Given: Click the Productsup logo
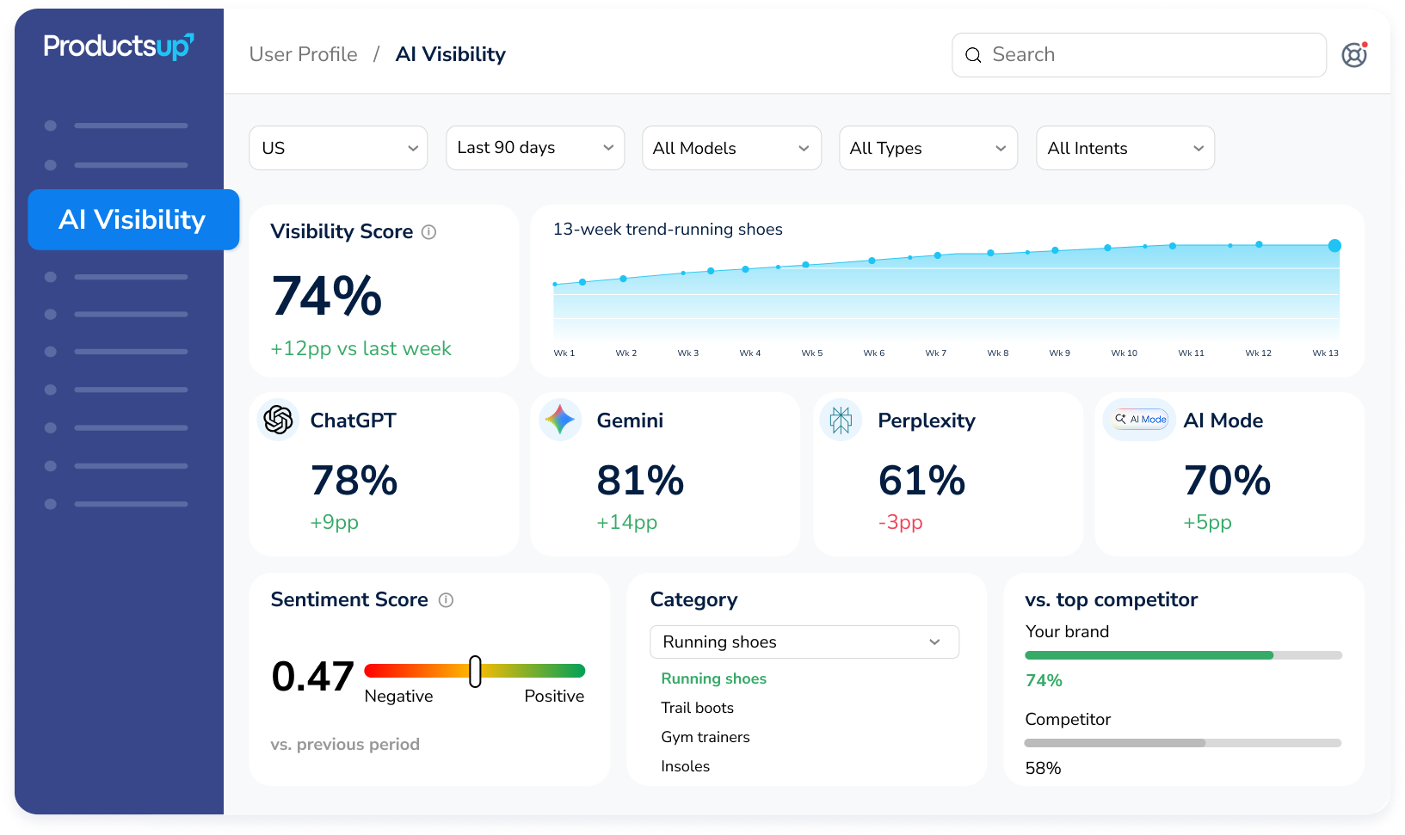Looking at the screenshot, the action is [119, 46].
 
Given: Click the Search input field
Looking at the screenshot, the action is [1138, 55].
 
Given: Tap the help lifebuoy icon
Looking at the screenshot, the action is [1354, 54].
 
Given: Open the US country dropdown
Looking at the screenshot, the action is [338, 148].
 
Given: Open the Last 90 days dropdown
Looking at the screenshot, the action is [535, 148].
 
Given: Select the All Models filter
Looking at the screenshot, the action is [731, 148].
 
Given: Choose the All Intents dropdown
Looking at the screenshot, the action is [1125, 148].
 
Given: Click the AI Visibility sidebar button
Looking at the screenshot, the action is [133, 219].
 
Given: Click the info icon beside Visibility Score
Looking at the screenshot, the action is [429, 232].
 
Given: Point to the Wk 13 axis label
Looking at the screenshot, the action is [1325, 353].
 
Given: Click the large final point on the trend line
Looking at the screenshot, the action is [1334, 246].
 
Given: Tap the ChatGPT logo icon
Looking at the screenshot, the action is [278, 420].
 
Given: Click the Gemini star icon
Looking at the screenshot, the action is [560, 420].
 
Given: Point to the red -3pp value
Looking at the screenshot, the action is [900, 522].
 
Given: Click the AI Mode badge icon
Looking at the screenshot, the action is [1140, 420].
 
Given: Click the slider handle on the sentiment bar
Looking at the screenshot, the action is [476, 672].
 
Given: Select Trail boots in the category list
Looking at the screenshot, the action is [697, 708].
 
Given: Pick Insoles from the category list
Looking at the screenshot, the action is [685, 766].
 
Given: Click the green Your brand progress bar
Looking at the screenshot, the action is [1149, 655].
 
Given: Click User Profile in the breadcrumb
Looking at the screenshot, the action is [303, 54].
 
